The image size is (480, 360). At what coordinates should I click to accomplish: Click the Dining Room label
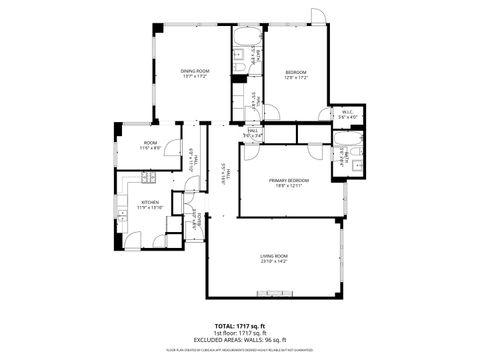(195, 70)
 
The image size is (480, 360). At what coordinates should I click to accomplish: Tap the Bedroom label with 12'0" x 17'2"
(296, 71)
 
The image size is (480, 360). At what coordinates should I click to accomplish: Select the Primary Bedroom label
(288, 180)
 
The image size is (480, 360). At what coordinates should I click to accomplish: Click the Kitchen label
(150, 202)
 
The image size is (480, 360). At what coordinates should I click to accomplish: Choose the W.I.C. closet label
(347, 112)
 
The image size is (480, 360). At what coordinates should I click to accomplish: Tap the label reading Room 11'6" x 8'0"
(150, 143)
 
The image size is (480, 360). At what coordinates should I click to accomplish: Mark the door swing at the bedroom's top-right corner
(317, 16)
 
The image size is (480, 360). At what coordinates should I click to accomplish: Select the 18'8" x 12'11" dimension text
(288, 186)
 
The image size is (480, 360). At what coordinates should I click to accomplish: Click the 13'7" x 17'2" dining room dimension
(195, 77)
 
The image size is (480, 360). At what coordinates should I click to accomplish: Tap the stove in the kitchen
(146, 178)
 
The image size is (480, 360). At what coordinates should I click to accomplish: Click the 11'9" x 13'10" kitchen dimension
(150, 208)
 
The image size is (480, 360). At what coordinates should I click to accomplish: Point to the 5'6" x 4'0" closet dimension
(347, 118)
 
